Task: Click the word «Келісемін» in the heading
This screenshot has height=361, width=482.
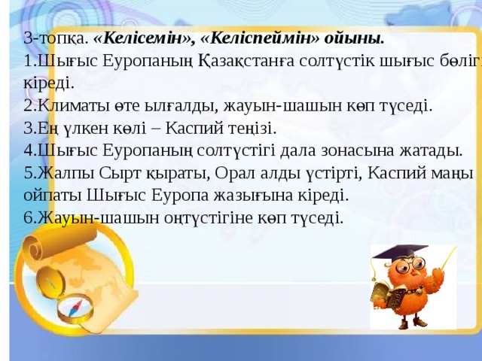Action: tap(143, 38)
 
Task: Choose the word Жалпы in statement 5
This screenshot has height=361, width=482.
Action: tap(59, 173)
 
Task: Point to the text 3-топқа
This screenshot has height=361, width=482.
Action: tap(55, 38)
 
